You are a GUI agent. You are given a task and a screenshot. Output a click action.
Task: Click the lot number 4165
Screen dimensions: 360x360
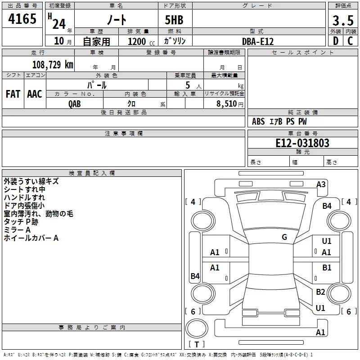pos(22,19)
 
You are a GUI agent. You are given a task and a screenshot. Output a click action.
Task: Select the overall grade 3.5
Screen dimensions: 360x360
pos(343,21)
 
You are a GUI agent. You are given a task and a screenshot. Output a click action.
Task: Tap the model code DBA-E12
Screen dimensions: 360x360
pos(258,41)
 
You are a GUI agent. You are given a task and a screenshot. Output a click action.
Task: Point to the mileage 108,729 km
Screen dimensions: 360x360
pos(53,65)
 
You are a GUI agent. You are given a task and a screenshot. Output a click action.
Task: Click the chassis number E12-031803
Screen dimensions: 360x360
pos(302,143)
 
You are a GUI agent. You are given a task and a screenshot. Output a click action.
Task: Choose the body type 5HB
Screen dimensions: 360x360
pos(174,20)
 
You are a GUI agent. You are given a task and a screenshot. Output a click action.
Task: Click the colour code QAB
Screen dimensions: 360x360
pos(75,104)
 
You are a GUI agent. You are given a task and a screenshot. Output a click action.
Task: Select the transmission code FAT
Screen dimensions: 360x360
pos(13,94)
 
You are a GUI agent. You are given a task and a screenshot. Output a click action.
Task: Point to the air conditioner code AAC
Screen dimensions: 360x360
pos(35,94)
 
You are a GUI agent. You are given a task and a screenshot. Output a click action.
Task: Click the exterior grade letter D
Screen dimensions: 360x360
pos(336,41)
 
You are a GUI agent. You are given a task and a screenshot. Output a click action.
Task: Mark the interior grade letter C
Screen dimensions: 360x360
pos(350,41)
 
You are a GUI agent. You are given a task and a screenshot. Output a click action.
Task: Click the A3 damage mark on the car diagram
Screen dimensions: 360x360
pos(321,184)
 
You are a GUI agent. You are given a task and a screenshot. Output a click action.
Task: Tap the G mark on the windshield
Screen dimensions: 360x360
pos(284,237)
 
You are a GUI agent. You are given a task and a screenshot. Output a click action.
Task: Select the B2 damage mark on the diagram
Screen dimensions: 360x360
pos(320,292)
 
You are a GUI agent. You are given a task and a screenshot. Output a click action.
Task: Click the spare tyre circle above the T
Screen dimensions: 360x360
pos(197,328)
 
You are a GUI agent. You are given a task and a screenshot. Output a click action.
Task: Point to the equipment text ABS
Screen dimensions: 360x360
pos(258,121)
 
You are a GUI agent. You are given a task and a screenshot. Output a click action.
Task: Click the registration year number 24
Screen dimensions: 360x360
pos(59,24)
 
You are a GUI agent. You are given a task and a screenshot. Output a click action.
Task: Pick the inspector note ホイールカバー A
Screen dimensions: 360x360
pos(31,238)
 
